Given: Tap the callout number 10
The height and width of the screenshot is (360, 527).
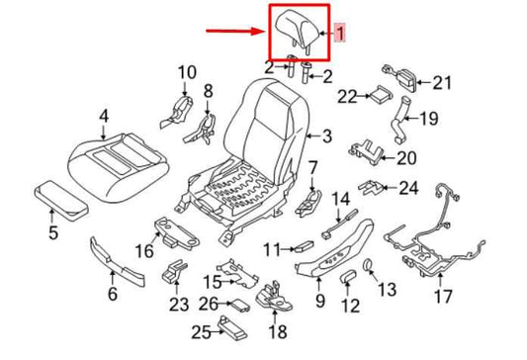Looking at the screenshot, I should (187, 71).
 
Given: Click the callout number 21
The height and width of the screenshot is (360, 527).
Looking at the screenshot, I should (440, 83).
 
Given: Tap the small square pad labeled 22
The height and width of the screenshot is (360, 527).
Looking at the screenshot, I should (378, 96).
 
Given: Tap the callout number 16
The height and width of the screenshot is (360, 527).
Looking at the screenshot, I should (144, 252).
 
